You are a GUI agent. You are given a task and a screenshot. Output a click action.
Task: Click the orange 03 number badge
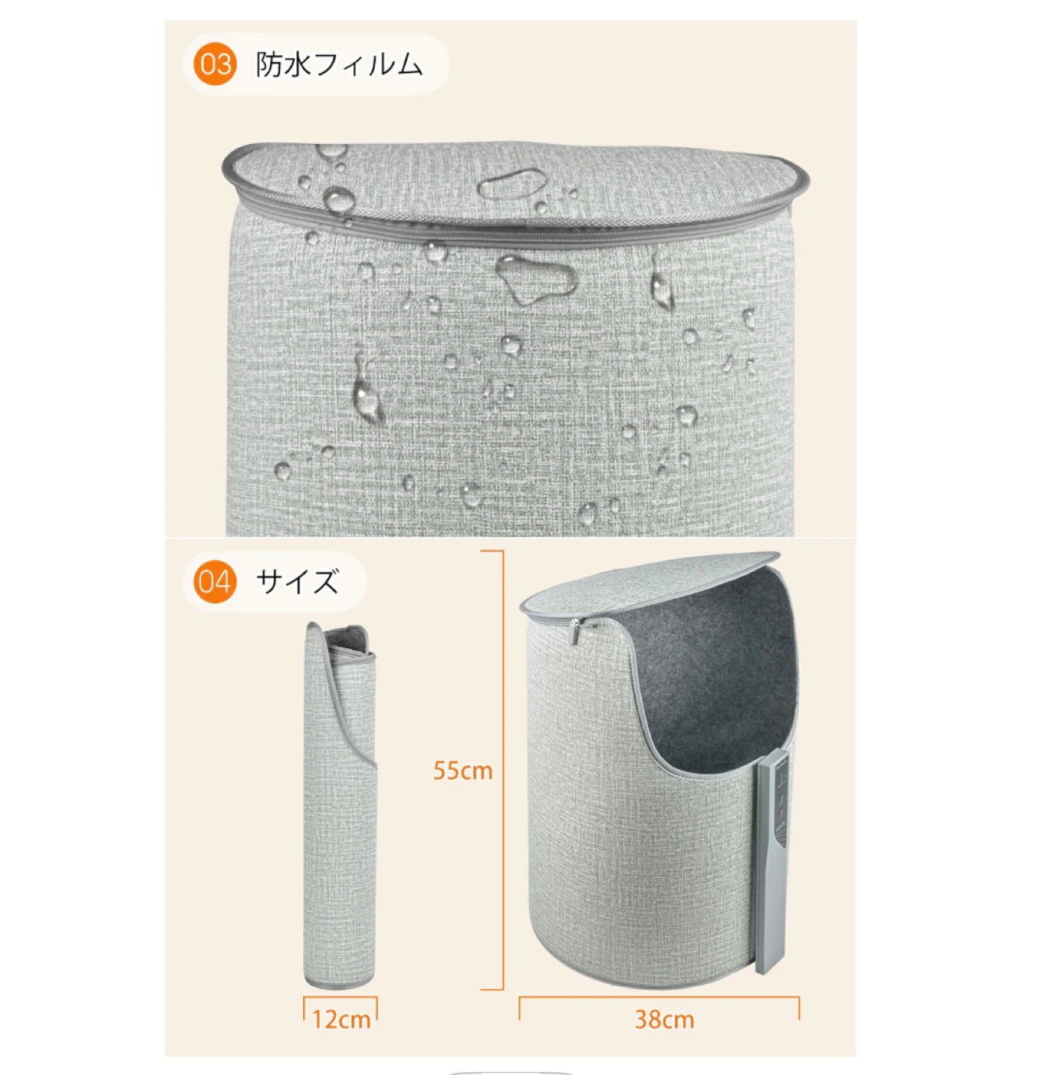coord(214,64)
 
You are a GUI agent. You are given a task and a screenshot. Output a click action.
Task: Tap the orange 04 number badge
coord(214,582)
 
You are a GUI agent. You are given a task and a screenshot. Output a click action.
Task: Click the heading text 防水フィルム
coord(339,65)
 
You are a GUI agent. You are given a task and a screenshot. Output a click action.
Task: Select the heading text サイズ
coord(297,582)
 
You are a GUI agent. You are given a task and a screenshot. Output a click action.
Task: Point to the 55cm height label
coord(462,770)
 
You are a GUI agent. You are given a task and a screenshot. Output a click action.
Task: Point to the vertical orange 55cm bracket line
coord(502,770)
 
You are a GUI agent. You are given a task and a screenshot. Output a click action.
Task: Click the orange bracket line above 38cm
coord(659,998)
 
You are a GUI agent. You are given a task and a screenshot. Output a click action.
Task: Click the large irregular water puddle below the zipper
coord(536,279)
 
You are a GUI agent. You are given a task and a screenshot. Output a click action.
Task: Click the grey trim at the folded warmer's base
coord(340,985)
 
